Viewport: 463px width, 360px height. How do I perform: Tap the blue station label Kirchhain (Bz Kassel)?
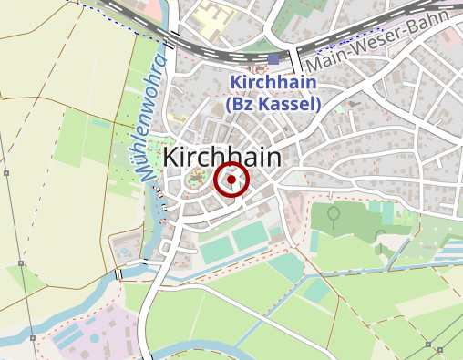pos(273,93)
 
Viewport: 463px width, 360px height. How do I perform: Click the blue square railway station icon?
pos(273,59)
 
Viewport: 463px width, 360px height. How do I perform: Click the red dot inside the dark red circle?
pos(231,180)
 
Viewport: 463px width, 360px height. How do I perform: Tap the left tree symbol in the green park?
pos(334,215)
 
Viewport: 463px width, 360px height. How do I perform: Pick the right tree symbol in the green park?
pos(380,239)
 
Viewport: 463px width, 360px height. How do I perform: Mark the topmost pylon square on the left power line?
pos(6,172)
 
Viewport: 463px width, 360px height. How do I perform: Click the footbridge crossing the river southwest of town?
pos(118,273)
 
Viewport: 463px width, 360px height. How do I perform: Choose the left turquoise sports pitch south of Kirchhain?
pos(216,249)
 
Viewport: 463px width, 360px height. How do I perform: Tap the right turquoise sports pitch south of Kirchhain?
pos(250,237)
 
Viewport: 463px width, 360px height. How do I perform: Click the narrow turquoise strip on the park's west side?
pos(314,242)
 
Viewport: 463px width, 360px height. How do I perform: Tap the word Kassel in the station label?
pos(287,104)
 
